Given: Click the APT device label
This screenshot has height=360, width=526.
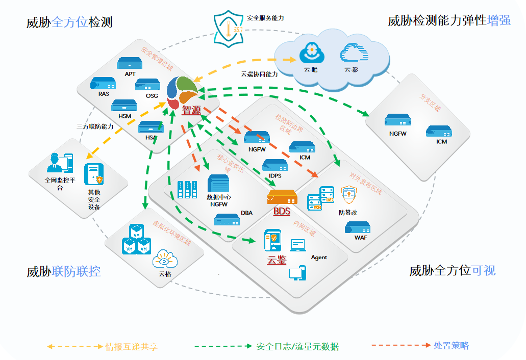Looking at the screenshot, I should coord(130,74).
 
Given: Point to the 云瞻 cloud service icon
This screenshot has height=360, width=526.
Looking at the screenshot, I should coord(310,52).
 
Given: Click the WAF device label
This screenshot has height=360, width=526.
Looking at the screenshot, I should coord(361,238).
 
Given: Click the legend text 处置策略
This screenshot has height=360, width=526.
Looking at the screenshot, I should coord(451,345).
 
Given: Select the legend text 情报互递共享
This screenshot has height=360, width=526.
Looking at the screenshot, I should coord(131,347).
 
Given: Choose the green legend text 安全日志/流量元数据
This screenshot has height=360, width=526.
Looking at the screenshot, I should coord(297,347).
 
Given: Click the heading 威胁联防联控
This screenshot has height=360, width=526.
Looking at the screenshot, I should coord(64,271).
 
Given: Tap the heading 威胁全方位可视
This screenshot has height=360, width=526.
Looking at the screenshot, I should coord(453,270).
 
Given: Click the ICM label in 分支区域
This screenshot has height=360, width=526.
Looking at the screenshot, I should coord(442,141).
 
